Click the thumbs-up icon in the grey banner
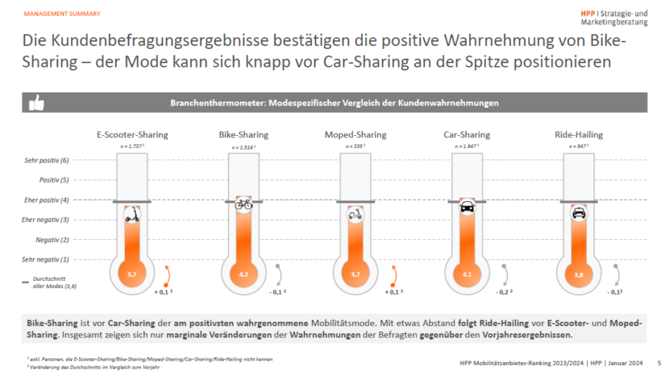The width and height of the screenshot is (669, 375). pyautogui.click(x=36, y=103)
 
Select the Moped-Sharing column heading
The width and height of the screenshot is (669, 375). pyautogui.click(x=355, y=134)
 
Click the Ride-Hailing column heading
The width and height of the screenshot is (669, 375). pyautogui.click(x=578, y=134)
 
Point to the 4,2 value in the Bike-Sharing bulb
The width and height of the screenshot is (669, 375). pyautogui.click(x=243, y=274)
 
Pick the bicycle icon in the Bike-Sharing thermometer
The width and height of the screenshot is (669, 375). pyautogui.click(x=243, y=205)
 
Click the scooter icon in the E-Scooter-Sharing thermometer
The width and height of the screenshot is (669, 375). pyautogui.click(x=131, y=215)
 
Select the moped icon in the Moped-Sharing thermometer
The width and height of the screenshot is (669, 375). pyautogui.click(x=355, y=215)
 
